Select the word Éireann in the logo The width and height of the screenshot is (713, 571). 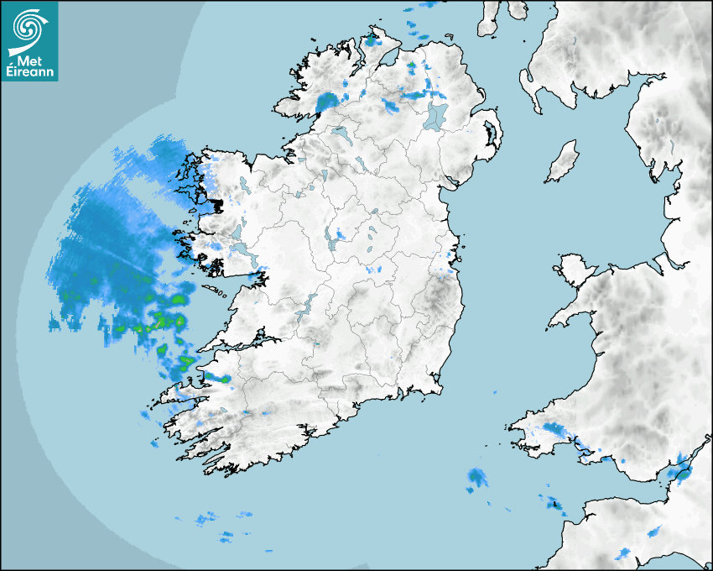click(x=29, y=72)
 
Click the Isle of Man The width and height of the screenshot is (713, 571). click(x=563, y=162)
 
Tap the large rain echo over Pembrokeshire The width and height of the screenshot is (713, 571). click(x=555, y=432)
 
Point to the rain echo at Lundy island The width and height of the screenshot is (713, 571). click(x=553, y=505)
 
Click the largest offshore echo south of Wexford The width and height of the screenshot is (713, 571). click(x=477, y=478)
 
